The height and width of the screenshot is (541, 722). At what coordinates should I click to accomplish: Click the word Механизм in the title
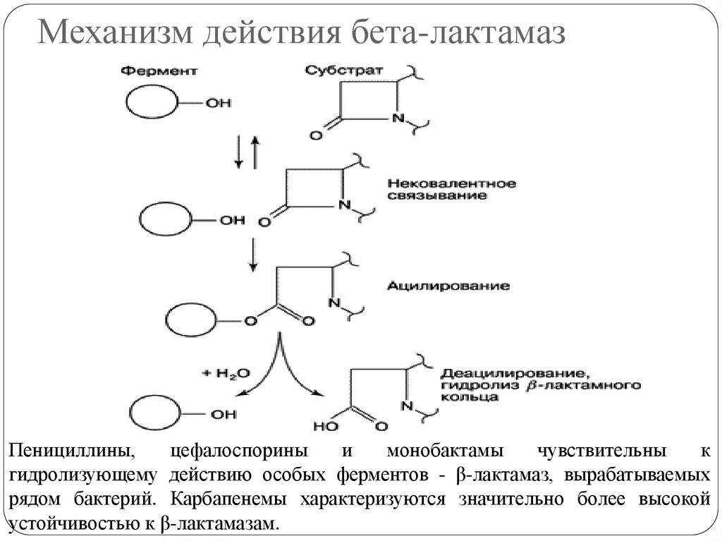click(x=113, y=33)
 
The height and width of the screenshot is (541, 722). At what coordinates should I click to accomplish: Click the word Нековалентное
click(x=451, y=183)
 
